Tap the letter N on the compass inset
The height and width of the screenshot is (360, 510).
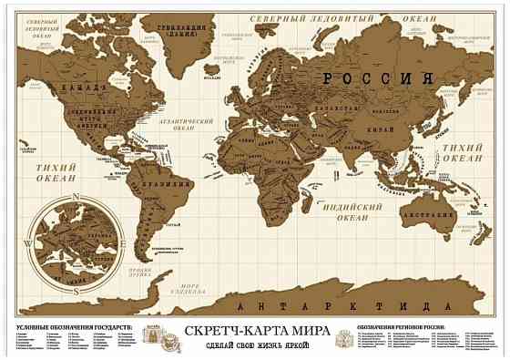(78, 200)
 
